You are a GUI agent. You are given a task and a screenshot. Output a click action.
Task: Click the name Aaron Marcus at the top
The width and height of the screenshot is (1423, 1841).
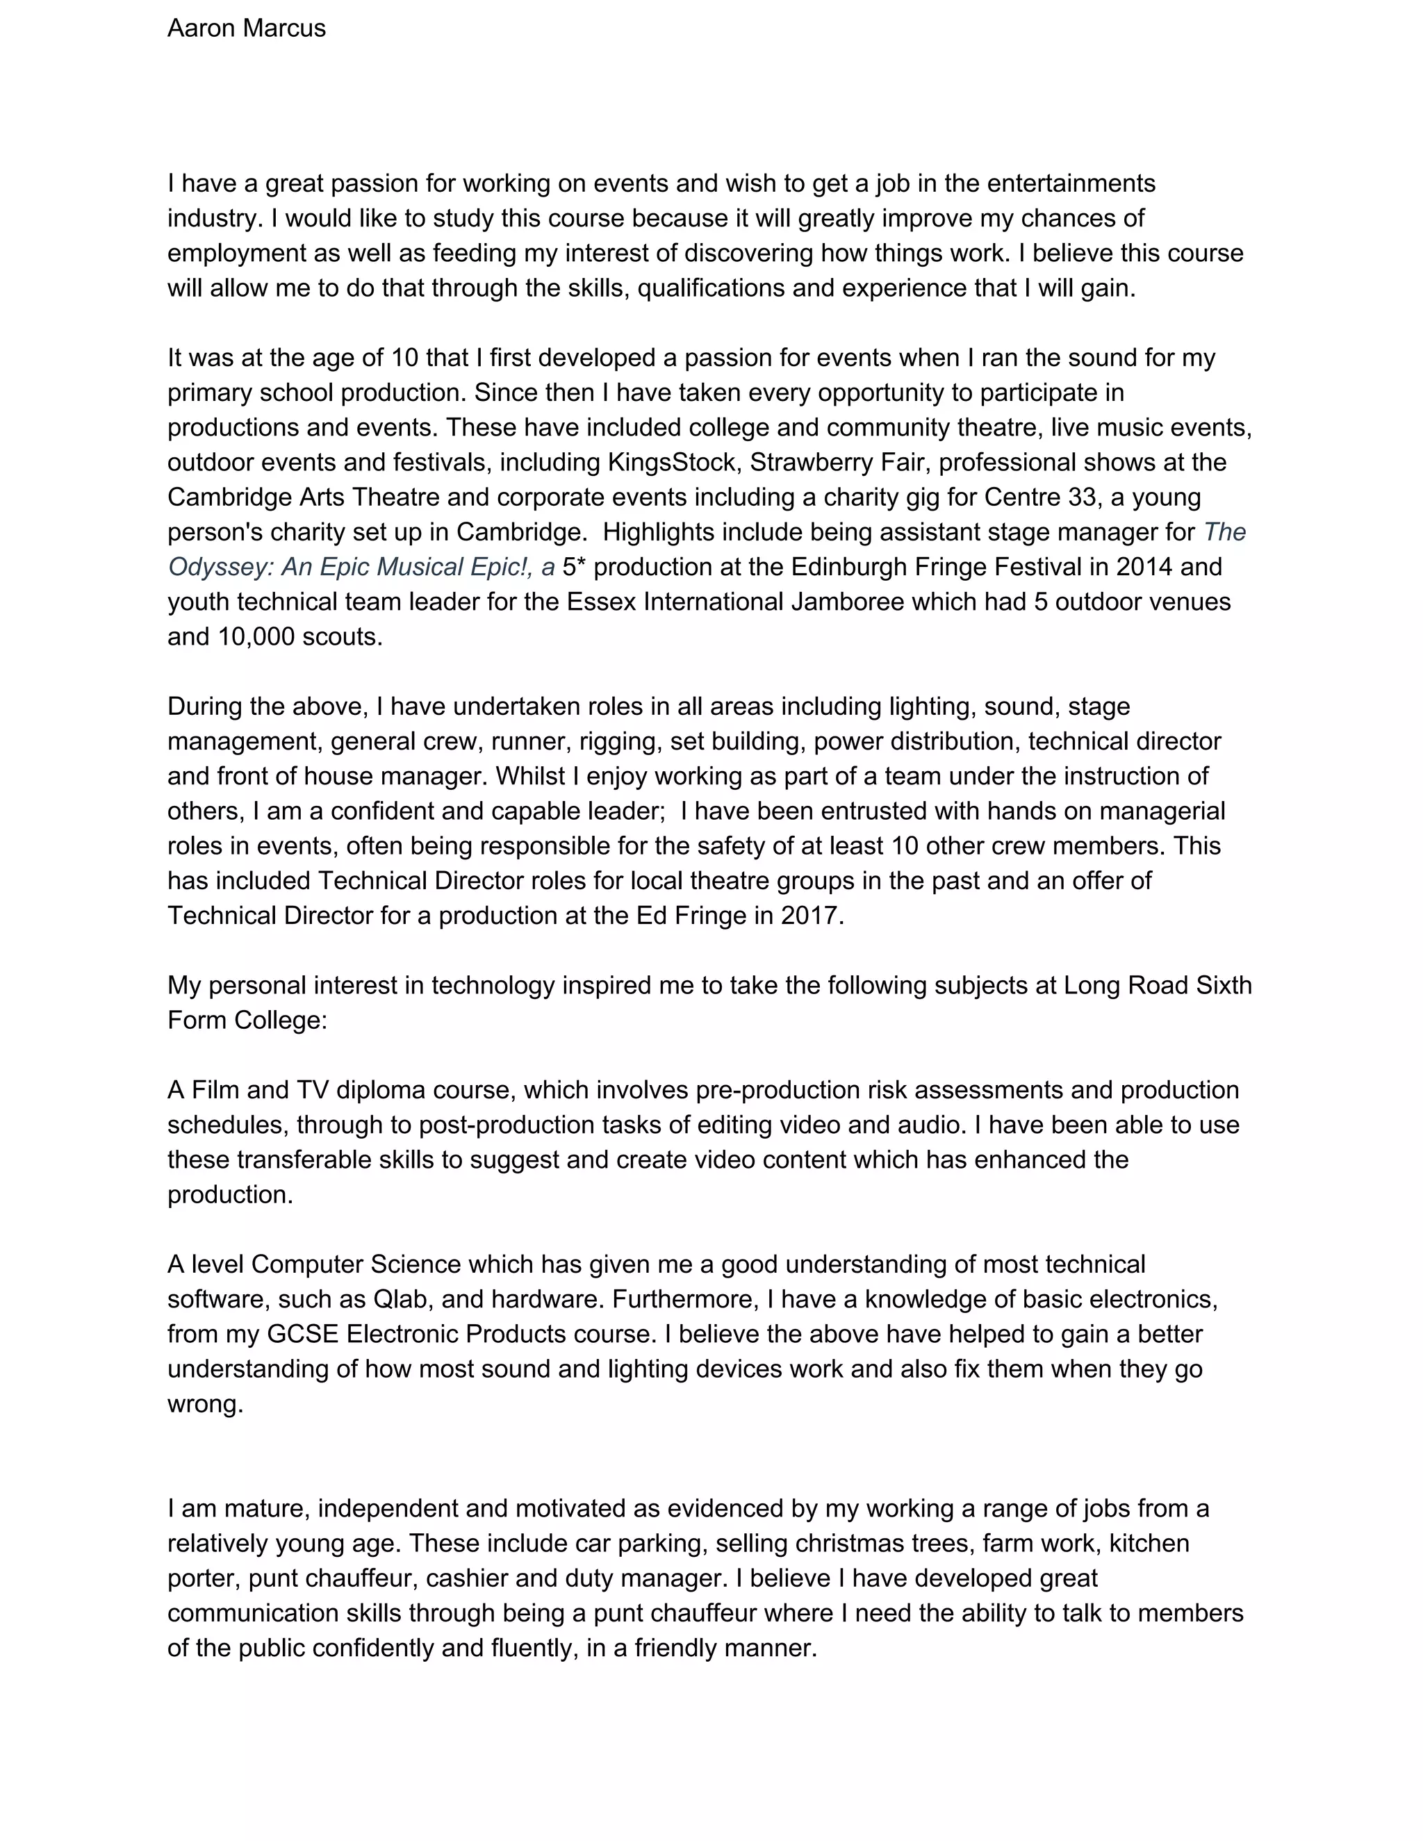click(246, 28)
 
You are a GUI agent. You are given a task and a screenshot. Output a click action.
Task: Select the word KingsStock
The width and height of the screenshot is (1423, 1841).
click(671, 462)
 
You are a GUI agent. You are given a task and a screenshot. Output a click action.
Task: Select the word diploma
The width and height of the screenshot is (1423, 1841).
click(380, 1090)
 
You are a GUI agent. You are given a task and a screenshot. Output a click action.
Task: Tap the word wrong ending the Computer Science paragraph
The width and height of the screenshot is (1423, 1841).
click(204, 1404)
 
